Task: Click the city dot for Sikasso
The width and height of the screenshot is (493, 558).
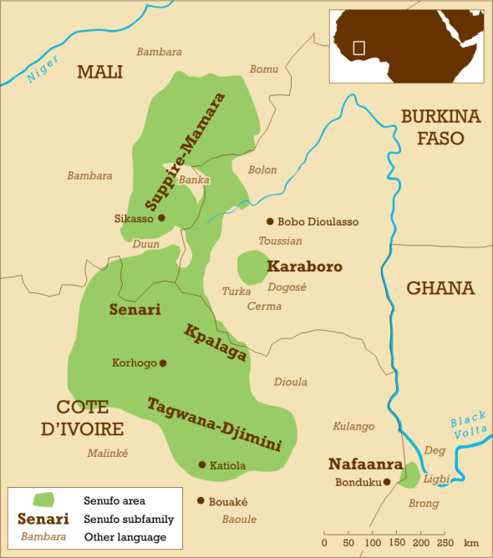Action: click(161, 218)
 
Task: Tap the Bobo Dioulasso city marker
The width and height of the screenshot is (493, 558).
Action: click(270, 221)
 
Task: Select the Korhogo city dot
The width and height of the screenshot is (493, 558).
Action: click(163, 363)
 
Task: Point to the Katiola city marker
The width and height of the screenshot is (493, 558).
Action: click(201, 464)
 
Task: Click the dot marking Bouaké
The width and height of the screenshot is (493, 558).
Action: click(201, 501)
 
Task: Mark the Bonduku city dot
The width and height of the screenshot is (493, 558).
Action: click(388, 482)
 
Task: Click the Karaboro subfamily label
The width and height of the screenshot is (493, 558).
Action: click(304, 266)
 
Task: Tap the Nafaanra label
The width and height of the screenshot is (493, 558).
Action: click(365, 464)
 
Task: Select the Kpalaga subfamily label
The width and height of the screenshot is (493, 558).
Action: click(215, 342)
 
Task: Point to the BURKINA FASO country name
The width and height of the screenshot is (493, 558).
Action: click(440, 127)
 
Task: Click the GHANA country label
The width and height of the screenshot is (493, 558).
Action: click(440, 288)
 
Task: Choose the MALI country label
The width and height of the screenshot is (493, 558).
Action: click(99, 72)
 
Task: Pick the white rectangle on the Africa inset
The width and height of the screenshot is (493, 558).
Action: click(359, 48)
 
